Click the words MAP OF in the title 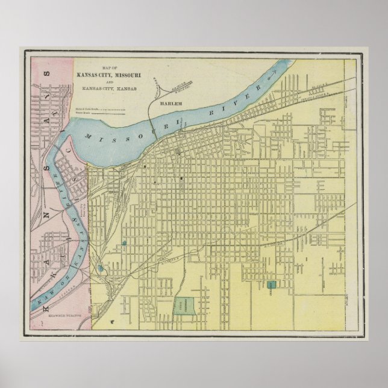tap(111, 68)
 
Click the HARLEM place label tap(171, 105)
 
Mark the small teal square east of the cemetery tap(271, 284)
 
